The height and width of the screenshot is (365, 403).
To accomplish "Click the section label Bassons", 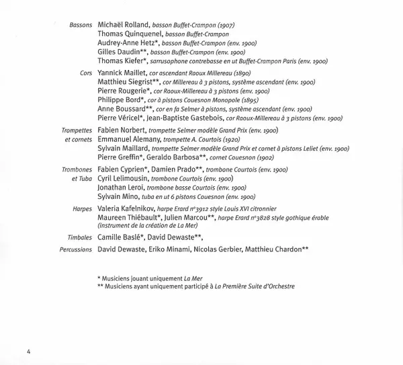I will tap(81, 24).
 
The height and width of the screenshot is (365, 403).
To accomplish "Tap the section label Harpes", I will tap(82, 209).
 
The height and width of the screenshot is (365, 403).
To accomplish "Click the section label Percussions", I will tap(75, 249).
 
